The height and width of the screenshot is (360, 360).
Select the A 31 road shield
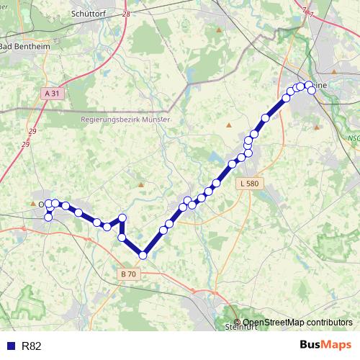coord(52,94)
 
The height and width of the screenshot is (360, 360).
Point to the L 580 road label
coord(247,184)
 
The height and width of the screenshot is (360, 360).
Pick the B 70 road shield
coord(128,274)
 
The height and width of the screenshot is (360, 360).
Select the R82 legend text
coord(32,346)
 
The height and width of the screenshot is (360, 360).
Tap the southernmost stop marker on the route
coord(143,254)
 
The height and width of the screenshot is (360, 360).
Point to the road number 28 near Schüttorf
coord(127,14)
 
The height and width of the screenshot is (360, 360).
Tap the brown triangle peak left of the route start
coord(33,204)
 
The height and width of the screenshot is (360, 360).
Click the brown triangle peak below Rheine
coord(317,127)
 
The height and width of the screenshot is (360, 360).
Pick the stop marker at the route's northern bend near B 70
coord(122,217)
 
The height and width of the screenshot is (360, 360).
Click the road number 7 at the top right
coord(304,9)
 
